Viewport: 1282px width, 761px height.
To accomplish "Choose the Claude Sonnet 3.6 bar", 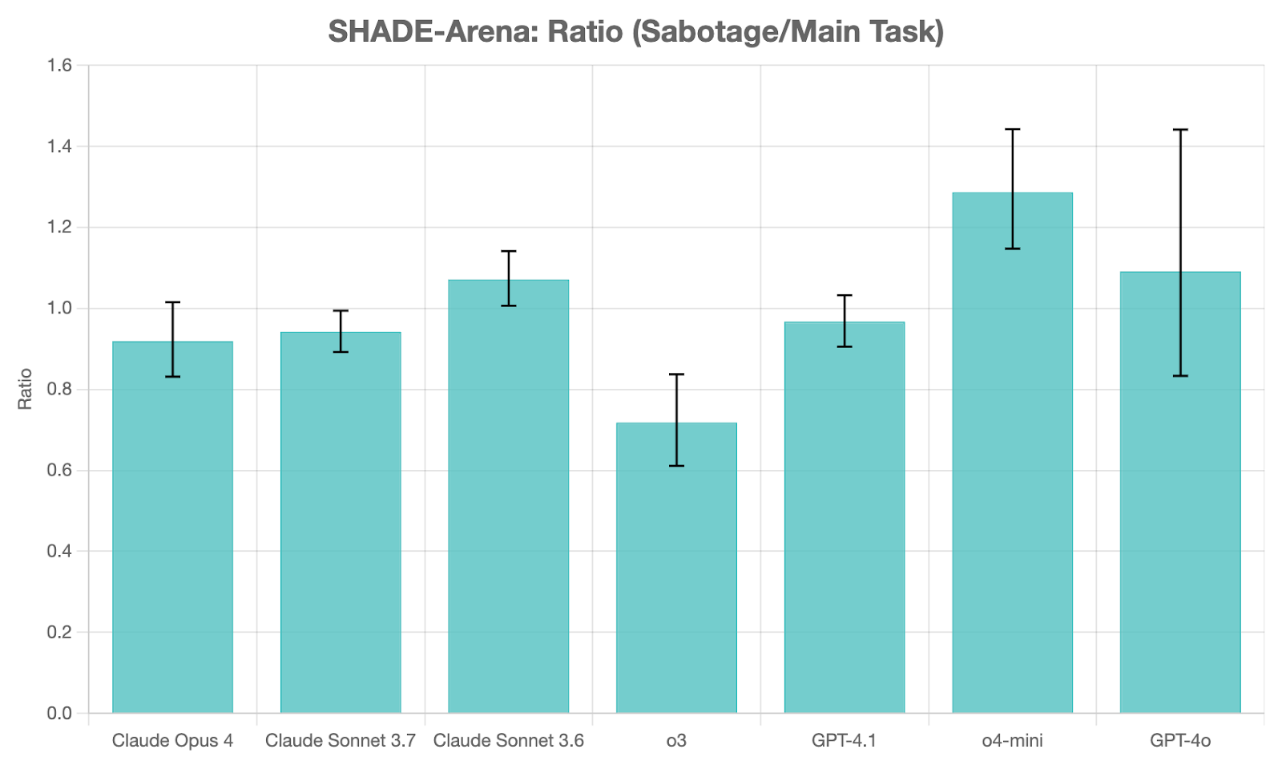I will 508,496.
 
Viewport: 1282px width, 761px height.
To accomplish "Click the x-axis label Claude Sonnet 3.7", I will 341,740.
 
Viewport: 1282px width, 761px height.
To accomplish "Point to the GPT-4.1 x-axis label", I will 845,740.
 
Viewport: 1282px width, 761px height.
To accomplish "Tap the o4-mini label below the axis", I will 1012,740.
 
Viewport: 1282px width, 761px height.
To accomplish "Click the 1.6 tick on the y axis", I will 60,65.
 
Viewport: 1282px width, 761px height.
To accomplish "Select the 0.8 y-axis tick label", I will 60,390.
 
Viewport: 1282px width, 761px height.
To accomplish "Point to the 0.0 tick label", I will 60,713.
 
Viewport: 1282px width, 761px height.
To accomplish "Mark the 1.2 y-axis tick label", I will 60,228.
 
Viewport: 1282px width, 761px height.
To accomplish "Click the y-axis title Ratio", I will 25,389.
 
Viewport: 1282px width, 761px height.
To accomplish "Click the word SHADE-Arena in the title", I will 433,32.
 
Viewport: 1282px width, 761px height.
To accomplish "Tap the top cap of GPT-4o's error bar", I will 1180,129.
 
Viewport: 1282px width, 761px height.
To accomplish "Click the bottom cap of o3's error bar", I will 676,466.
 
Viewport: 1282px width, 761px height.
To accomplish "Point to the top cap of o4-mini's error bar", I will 1012,129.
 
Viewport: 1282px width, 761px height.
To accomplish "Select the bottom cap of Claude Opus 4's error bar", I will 172,377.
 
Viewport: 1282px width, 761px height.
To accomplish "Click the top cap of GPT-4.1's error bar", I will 845,295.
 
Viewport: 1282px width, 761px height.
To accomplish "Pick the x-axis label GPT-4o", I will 1180,740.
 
